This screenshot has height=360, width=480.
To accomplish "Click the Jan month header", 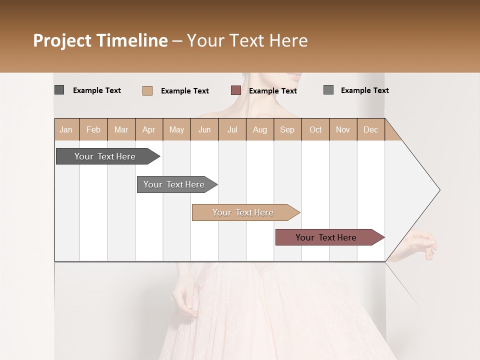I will pyautogui.click(x=66, y=129).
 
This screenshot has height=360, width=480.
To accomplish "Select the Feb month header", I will pyautogui.click(x=93, y=129).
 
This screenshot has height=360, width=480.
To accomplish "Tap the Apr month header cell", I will pyautogui.click(x=148, y=129).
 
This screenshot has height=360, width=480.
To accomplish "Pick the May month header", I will pyautogui.click(x=176, y=129).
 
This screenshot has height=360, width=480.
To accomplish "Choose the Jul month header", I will pyautogui.click(x=232, y=129).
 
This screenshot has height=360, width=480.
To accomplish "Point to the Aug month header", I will pyautogui.click(x=259, y=129).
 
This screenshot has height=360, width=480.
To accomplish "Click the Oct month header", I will pyautogui.click(x=315, y=129).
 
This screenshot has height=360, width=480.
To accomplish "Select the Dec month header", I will pyautogui.click(x=370, y=129).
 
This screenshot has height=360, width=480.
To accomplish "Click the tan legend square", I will pyautogui.click(x=147, y=90).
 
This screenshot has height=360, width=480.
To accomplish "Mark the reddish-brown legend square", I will pyautogui.click(x=236, y=90).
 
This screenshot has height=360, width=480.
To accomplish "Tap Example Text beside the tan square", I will pyautogui.click(x=185, y=91).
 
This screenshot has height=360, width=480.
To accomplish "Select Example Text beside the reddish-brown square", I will pyautogui.click(x=273, y=91).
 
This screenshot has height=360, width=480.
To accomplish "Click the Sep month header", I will pyautogui.click(x=287, y=129).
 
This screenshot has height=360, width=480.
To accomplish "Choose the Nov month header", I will pyautogui.click(x=343, y=129).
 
